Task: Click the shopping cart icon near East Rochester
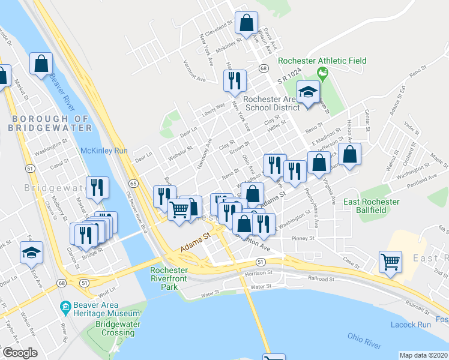coord(390,262)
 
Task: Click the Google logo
coord(20,353)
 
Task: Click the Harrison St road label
coord(258,274)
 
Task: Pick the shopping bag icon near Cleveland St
coord(246,23)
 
